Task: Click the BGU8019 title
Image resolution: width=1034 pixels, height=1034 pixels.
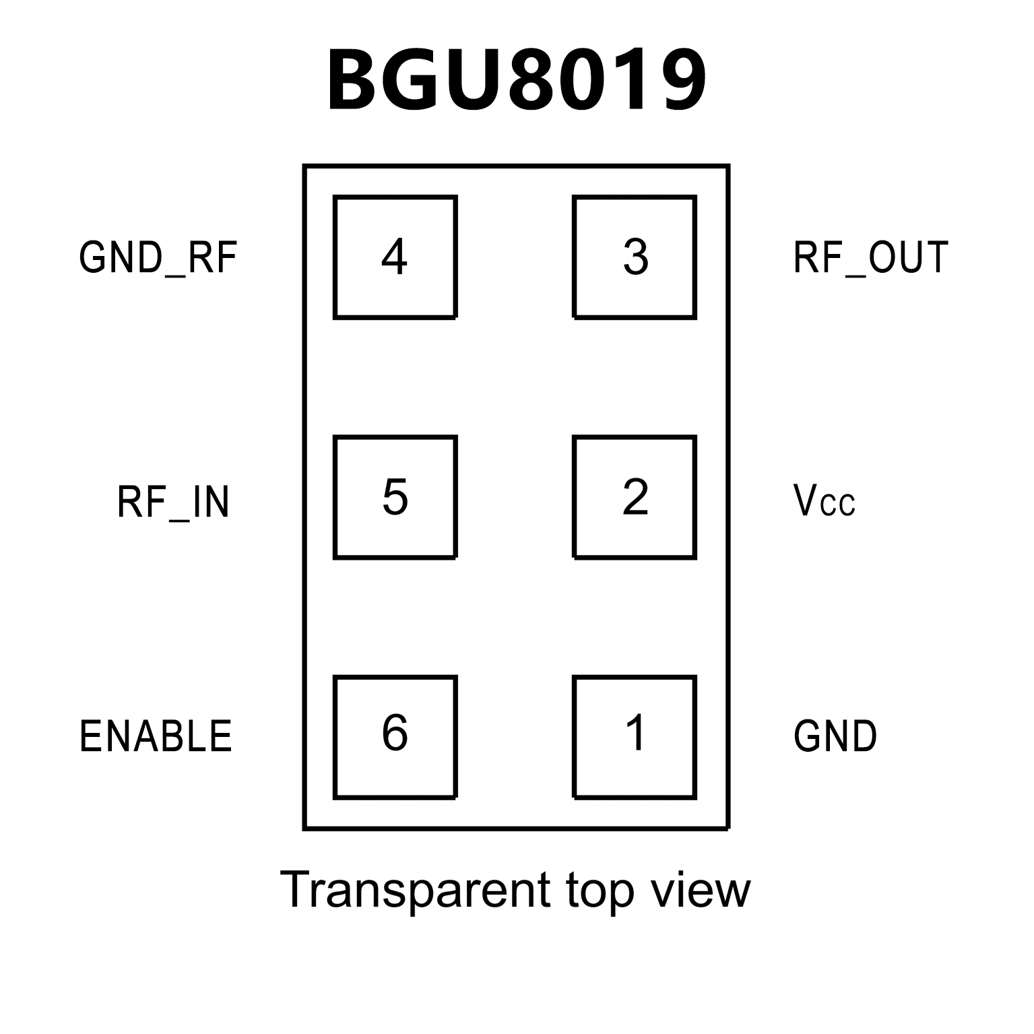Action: click(x=517, y=81)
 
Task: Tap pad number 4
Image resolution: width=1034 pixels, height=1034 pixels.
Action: click(x=395, y=257)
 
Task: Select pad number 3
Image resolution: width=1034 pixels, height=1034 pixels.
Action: click(x=635, y=257)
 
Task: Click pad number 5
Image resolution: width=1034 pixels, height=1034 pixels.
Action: click(x=395, y=497)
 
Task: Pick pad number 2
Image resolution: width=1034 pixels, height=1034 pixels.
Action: click(x=635, y=497)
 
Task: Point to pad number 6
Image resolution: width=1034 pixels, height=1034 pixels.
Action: click(x=395, y=737)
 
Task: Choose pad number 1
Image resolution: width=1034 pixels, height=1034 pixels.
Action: click(x=635, y=737)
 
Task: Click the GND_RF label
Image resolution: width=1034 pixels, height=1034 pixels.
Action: click(x=158, y=258)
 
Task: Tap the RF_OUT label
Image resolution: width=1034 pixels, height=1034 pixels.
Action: click(x=871, y=258)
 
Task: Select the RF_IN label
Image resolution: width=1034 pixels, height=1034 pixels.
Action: click(x=173, y=502)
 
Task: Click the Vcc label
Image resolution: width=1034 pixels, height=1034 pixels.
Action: click(x=825, y=500)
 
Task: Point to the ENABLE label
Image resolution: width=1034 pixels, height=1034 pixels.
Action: click(x=156, y=736)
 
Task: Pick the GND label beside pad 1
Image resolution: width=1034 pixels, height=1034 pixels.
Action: click(x=835, y=736)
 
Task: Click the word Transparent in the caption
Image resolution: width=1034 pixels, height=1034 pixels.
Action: click(x=416, y=891)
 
